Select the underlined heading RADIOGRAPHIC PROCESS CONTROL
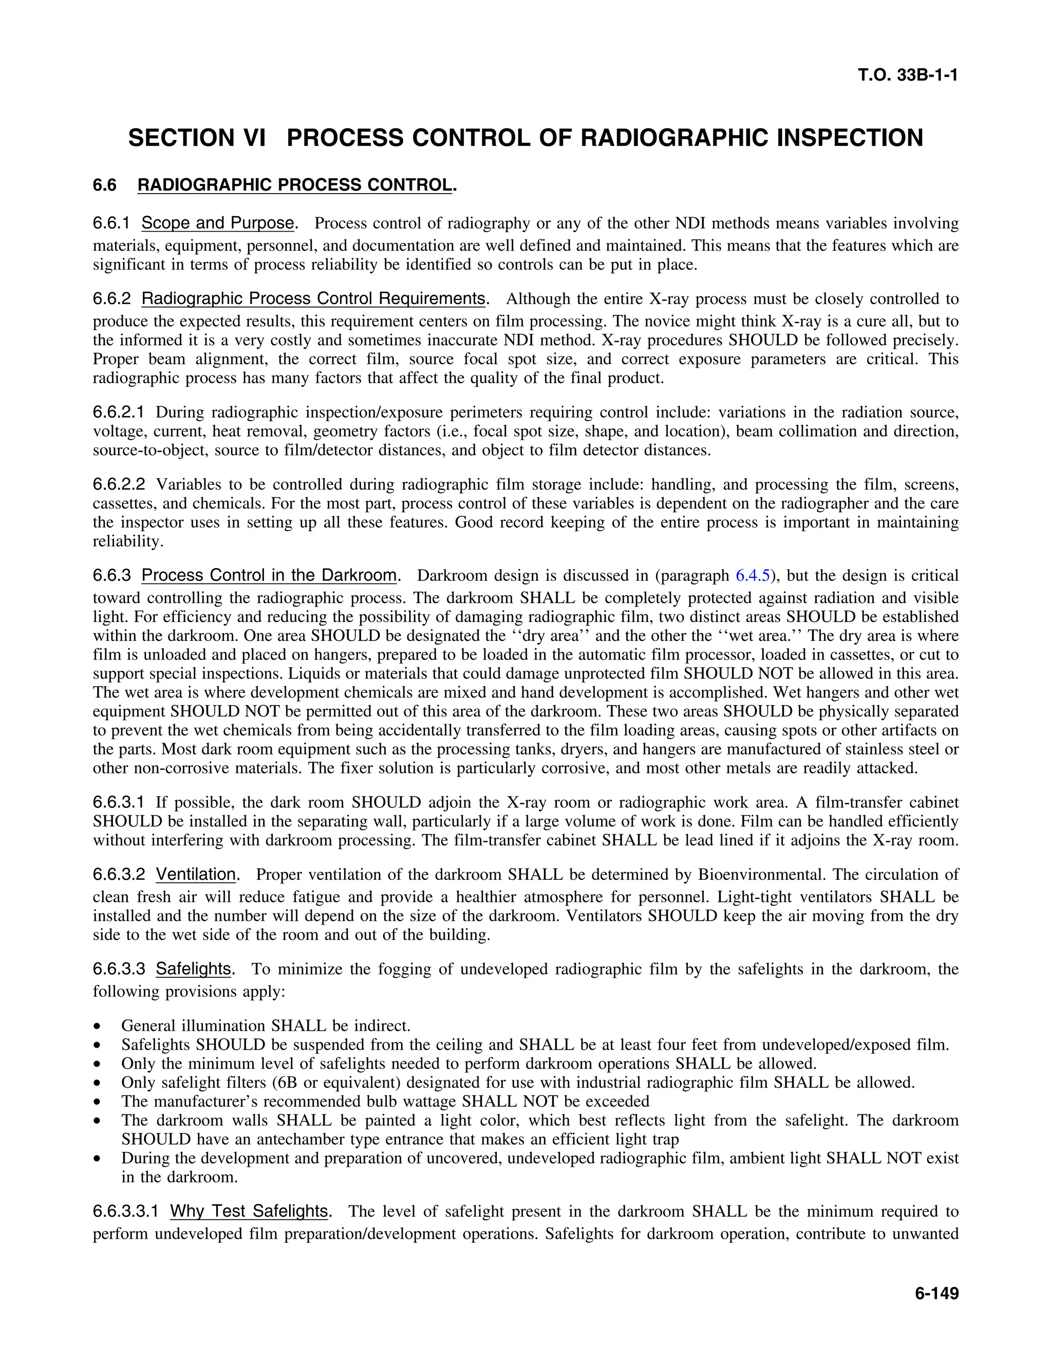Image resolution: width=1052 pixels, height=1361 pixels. click(x=294, y=185)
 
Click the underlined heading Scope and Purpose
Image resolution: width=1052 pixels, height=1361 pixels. click(x=217, y=223)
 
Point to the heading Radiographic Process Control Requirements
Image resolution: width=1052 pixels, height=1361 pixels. click(x=313, y=298)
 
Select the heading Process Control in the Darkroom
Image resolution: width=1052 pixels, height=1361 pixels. click(x=269, y=575)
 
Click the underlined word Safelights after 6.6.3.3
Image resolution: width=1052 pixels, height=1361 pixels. click(x=193, y=969)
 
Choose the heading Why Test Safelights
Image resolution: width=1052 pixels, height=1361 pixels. click(x=249, y=1211)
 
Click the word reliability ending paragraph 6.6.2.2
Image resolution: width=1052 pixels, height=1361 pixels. click(x=127, y=541)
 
